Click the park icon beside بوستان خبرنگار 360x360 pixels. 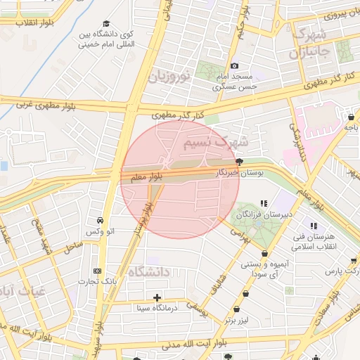[239, 161]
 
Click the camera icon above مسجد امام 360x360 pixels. [235, 66]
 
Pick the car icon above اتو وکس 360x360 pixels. [101, 220]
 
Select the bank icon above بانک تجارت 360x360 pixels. [97, 271]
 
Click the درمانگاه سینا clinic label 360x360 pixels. [157, 307]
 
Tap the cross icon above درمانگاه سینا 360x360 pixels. [156, 297]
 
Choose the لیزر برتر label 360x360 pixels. [234, 320]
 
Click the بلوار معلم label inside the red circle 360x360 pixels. [147, 177]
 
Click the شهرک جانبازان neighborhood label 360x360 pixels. [309, 44]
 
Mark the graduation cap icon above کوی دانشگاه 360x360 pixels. [105, 23]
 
